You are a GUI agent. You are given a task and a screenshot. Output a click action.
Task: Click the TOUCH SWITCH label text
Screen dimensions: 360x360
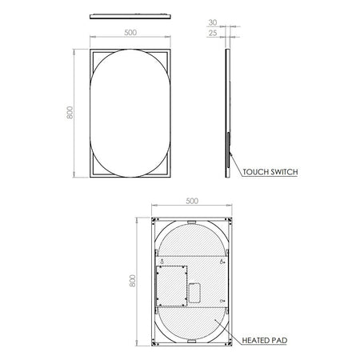[270, 172]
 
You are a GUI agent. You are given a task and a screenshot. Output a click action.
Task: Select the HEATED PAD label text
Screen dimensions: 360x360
[265, 341]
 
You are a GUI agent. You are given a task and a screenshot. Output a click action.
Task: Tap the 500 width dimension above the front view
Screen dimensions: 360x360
[130, 33]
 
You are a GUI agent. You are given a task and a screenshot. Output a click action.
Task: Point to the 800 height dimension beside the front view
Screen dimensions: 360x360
[70, 113]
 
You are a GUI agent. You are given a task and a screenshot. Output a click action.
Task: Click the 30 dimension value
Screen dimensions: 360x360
[213, 22]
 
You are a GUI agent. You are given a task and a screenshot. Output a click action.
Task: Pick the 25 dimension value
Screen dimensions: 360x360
[213, 33]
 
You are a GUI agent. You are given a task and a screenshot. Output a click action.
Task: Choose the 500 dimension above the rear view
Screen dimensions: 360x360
[192, 201]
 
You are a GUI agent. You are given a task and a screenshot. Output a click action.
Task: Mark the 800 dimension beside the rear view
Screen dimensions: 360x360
[132, 281]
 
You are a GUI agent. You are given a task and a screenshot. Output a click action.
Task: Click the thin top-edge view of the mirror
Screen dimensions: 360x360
[130, 17]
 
